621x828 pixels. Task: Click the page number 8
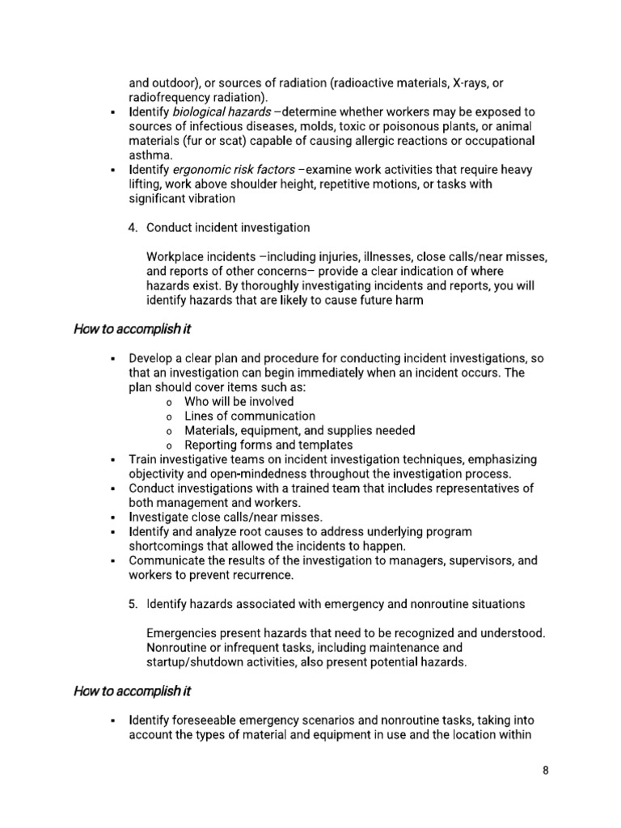pyautogui.click(x=546, y=771)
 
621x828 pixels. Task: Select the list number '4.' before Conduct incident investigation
pyautogui.click(x=133, y=228)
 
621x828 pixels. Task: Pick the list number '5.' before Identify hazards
pyautogui.click(x=133, y=604)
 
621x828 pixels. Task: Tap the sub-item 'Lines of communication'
pyautogui.click(x=250, y=416)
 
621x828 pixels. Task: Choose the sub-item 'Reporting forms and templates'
pyautogui.click(x=268, y=445)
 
